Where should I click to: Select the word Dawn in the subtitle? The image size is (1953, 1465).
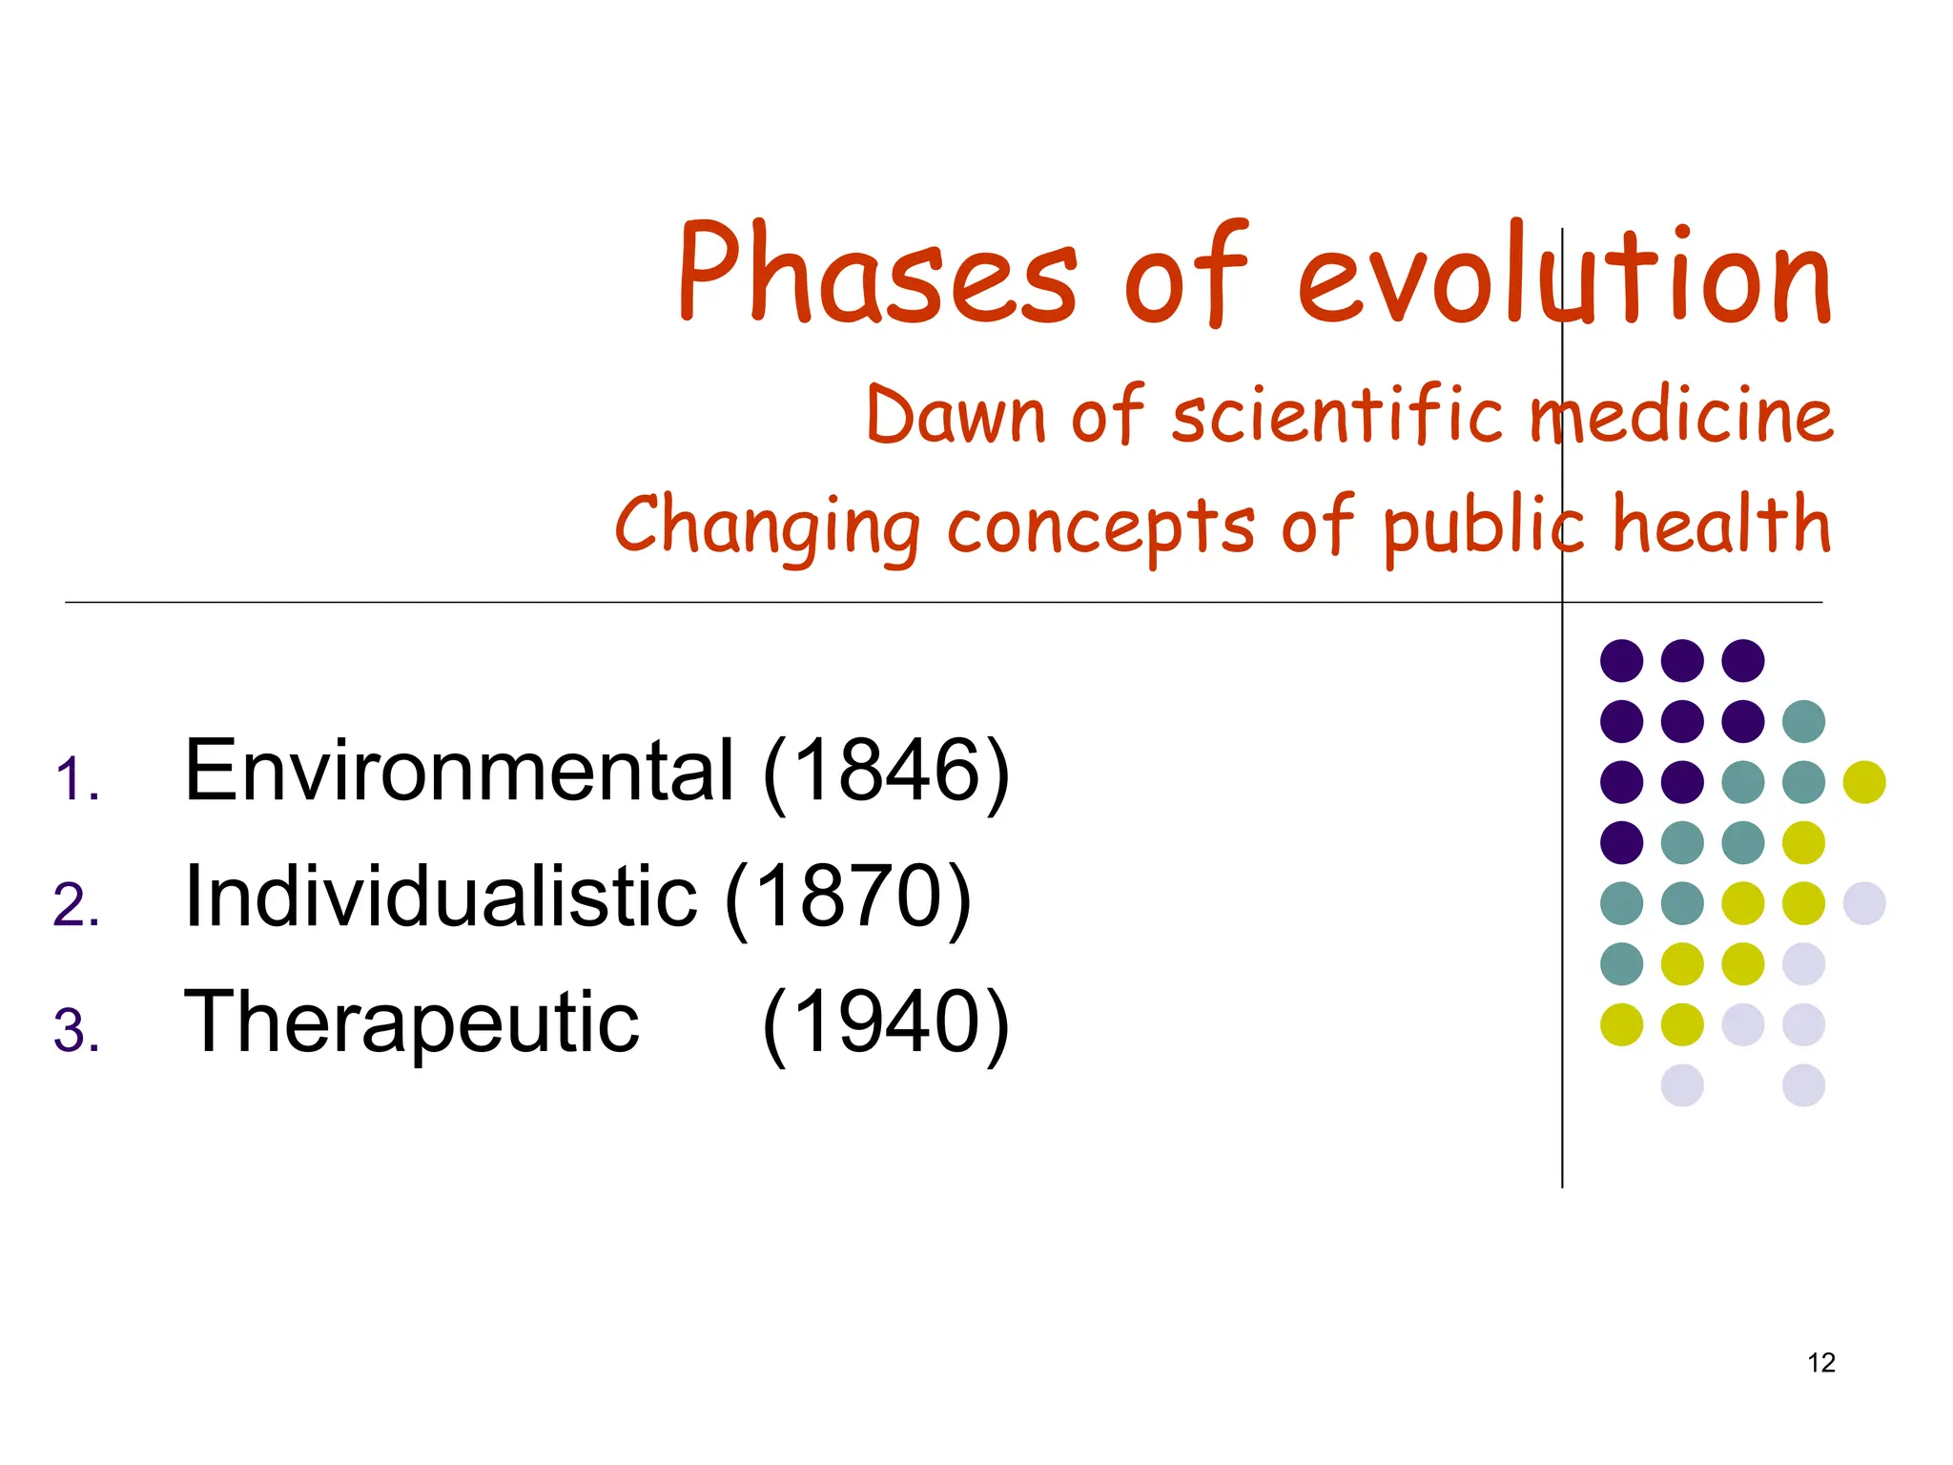[x=956, y=417]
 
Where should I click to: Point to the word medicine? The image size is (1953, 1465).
[x=1681, y=417]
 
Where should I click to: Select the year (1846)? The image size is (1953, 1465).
[x=886, y=772]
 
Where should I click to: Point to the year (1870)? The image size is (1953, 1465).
[x=848, y=897]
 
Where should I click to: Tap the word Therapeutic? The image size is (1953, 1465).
[x=411, y=1024]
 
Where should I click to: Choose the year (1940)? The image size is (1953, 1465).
[x=886, y=1022]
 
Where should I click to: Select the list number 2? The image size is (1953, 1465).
[x=76, y=906]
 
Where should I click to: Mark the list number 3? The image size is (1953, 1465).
[x=76, y=1032]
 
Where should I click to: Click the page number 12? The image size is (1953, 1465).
[x=1821, y=1363]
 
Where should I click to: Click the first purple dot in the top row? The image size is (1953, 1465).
[x=1621, y=660]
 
